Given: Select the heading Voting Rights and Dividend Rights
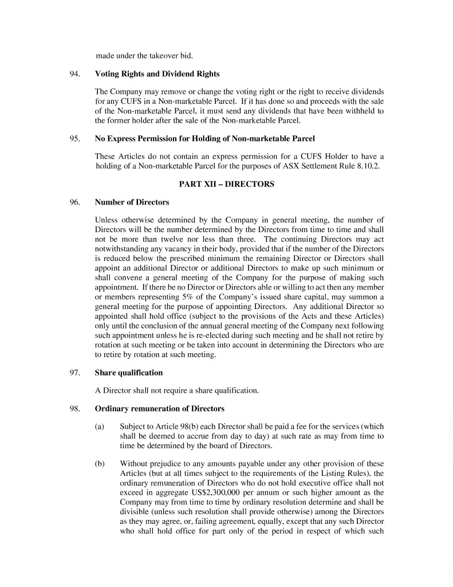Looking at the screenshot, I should [157, 74].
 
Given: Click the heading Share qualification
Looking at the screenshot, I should [128, 373].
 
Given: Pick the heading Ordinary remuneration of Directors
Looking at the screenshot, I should [159, 409].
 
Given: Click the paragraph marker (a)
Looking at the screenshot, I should [100, 427].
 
